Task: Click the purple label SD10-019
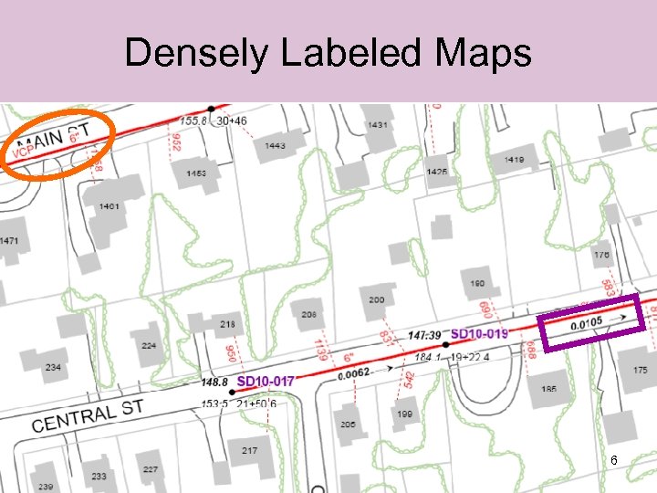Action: click(x=479, y=334)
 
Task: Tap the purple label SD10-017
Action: click(x=266, y=381)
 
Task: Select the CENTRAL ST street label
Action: click(x=88, y=416)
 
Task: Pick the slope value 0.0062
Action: click(x=353, y=374)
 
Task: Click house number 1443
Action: click(x=274, y=146)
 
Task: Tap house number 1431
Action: click(x=377, y=125)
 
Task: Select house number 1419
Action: click(x=514, y=161)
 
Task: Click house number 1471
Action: click(x=8, y=241)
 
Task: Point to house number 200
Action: click(x=377, y=299)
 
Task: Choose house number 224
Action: click(x=149, y=346)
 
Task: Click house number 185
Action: click(x=548, y=390)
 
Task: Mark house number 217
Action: click(x=250, y=451)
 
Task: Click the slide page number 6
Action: click(x=614, y=461)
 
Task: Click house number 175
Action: click(x=639, y=370)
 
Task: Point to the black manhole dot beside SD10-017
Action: click(x=231, y=393)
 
